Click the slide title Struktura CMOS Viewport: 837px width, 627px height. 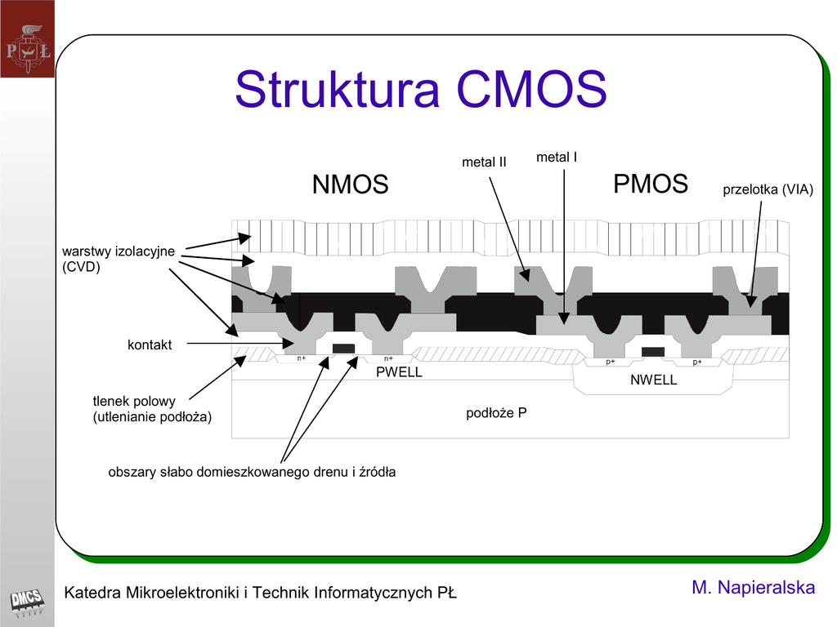point(420,90)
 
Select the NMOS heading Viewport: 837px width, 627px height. point(350,185)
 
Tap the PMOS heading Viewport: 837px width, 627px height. point(651,184)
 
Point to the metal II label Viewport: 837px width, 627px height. point(484,162)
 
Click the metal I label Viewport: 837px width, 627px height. point(557,157)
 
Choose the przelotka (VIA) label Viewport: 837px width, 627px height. point(768,190)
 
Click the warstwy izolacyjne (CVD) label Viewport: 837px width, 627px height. point(119,258)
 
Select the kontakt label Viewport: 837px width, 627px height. point(150,345)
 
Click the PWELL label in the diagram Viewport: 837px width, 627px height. point(399,372)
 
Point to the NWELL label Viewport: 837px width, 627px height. point(653,380)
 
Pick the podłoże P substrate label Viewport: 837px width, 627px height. point(496,413)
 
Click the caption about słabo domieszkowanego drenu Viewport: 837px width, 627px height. point(252,472)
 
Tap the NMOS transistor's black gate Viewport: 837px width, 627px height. point(343,349)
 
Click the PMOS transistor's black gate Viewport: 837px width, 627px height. point(652,352)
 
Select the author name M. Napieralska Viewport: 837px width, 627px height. point(753,588)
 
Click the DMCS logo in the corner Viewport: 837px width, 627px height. point(26,603)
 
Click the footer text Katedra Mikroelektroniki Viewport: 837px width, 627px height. point(260,593)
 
